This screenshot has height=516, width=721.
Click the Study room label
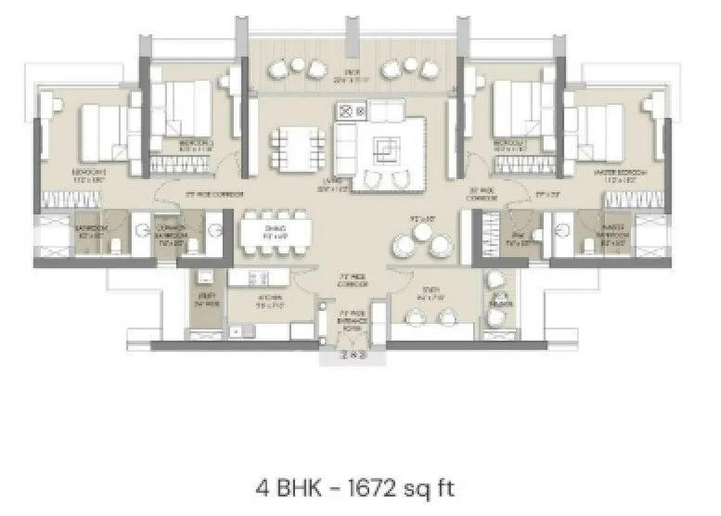pyautogui.click(x=426, y=298)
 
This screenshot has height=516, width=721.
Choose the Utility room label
pyautogui.click(x=205, y=300)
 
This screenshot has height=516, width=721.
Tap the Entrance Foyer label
pyautogui.click(x=350, y=321)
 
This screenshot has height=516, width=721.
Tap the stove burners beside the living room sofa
pyautogui.click(x=354, y=110)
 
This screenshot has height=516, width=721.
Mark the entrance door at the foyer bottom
pyautogui.click(x=351, y=354)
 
